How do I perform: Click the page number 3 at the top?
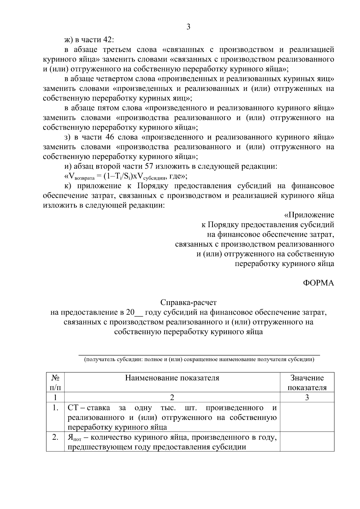click(188, 27)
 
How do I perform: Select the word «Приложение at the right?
click(309, 215)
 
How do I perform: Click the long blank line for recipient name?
click(199, 355)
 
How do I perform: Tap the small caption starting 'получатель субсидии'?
click(199, 359)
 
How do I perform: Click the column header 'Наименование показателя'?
click(172, 378)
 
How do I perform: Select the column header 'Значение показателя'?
click(307, 382)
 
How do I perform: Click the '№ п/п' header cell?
click(55, 382)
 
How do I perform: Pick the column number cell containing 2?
click(172, 398)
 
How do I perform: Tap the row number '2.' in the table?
click(55, 438)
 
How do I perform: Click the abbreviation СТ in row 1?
click(73, 408)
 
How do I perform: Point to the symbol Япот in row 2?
click(73, 438)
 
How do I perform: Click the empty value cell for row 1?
click(307, 417)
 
